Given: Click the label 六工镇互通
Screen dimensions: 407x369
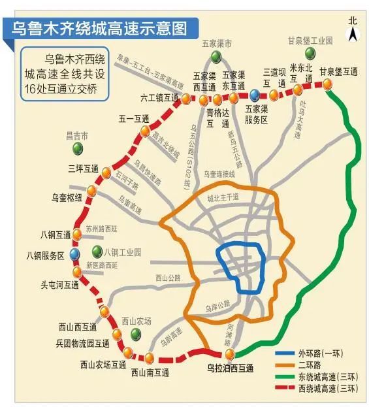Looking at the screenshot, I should (159, 97).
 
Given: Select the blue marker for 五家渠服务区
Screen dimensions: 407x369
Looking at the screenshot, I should (254, 96).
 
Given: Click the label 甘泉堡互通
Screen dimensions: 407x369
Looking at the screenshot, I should (338, 72).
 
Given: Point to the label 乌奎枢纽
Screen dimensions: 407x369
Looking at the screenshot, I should (67, 197).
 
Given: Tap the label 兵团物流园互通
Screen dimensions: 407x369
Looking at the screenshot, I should (82, 343).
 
